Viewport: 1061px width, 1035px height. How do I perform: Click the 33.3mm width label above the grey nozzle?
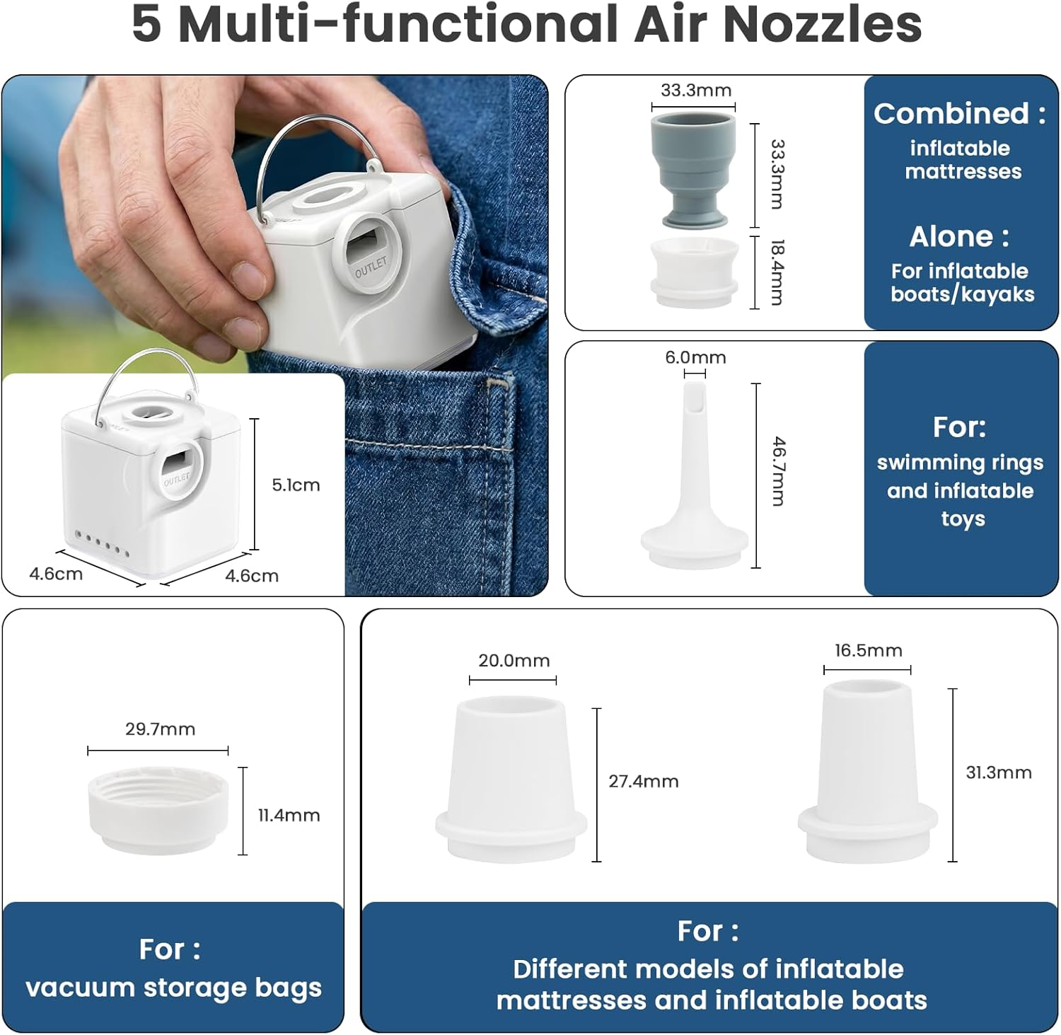[x=696, y=91]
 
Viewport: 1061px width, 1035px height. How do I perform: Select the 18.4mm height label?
[x=777, y=272]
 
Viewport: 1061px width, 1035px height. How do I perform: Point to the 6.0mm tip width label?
[x=695, y=357]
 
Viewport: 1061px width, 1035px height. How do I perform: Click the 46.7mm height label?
[x=778, y=471]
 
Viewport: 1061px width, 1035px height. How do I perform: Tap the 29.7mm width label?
[x=161, y=729]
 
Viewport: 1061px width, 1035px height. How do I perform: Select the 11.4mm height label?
[x=289, y=815]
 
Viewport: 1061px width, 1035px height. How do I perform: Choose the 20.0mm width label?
[x=514, y=660]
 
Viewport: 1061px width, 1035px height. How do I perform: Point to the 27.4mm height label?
[x=644, y=781]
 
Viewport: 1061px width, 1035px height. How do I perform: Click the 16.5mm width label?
[x=869, y=650]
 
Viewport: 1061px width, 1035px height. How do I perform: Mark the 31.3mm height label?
[x=999, y=772]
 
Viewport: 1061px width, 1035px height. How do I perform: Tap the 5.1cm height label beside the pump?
[x=296, y=485]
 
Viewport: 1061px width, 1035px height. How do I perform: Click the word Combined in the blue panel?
[x=951, y=113]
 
